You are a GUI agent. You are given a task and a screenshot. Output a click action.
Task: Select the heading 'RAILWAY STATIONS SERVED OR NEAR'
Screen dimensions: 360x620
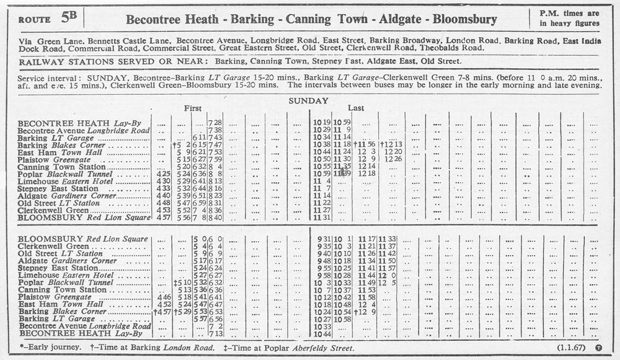(x=115, y=62)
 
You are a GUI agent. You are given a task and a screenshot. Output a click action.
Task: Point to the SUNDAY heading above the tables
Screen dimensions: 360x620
(x=308, y=100)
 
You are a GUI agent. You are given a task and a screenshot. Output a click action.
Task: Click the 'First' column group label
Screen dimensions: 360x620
(x=193, y=108)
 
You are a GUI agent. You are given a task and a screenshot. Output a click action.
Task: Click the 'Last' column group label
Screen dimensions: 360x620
(x=356, y=108)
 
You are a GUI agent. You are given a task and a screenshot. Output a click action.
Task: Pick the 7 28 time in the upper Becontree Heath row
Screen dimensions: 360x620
(x=215, y=123)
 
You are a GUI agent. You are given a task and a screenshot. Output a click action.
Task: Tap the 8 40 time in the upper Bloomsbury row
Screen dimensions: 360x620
(x=215, y=218)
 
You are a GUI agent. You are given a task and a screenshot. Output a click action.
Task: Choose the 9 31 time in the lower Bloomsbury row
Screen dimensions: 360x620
(x=324, y=239)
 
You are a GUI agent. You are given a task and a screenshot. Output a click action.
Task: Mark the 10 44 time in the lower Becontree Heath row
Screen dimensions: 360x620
(x=324, y=334)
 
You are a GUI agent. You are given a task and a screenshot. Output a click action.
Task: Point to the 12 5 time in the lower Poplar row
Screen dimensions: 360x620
(x=387, y=283)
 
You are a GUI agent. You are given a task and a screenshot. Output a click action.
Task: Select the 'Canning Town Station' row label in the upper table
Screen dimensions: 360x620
(x=61, y=167)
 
